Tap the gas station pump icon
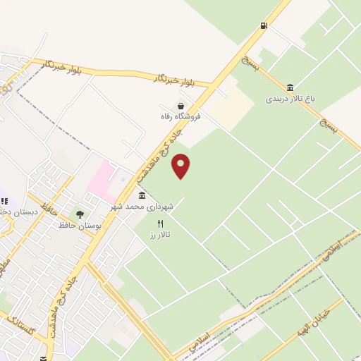coord(264,26)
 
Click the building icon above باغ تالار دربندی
coord(289,87)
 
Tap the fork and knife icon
coord(161,224)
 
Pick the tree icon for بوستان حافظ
coord(79,214)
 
